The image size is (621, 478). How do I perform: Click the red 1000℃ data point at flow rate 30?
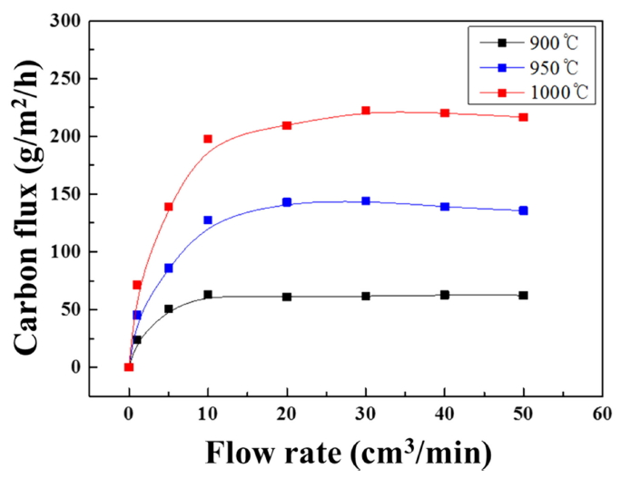pyautogui.click(x=366, y=111)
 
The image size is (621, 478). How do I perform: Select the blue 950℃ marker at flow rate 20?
pyautogui.click(x=287, y=202)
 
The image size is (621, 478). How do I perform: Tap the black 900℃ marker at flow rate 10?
pyautogui.click(x=208, y=295)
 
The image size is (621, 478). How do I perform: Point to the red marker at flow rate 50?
pyautogui.click(x=524, y=117)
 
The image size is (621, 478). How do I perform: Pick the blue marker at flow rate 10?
pyautogui.click(x=208, y=220)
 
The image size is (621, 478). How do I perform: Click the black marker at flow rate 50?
pyautogui.click(x=524, y=296)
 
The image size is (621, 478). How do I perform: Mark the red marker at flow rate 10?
pyautogui.click(x=208, y=139)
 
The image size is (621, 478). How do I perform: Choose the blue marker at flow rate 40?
pyautogui.click(x=445, y=207)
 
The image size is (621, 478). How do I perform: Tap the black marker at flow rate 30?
pyautogui.click(x=366, y=296)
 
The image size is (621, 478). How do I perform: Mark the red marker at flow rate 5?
pyautogui.click(x=169, y=207)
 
